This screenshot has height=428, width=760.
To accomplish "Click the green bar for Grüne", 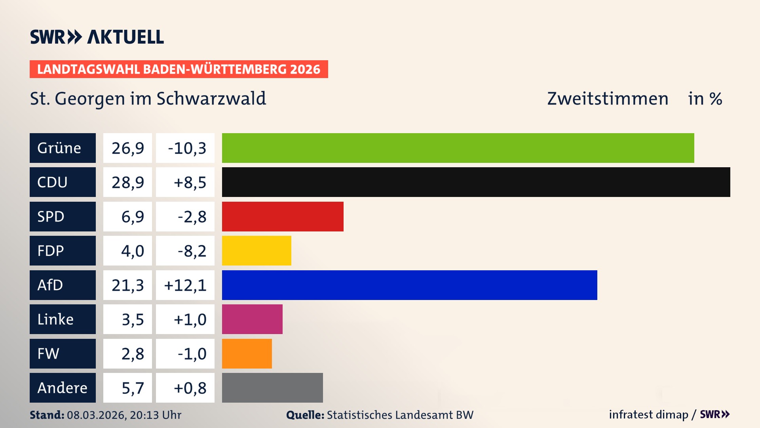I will coord(458,148).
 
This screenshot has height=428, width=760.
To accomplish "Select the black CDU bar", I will coord(476,182).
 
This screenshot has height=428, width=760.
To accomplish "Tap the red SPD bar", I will coord(283,216).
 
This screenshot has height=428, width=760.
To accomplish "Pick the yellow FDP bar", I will coord(256,250).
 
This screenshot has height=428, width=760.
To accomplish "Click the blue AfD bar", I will coord(409,285).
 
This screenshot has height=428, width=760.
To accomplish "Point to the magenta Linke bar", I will coord(252,319).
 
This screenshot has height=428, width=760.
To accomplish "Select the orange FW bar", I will coord(247,353).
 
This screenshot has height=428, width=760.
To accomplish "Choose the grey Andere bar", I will coord(272,388).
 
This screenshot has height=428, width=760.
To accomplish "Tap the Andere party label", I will coord(63,388).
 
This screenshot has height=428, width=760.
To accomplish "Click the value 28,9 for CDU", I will coord(127,182).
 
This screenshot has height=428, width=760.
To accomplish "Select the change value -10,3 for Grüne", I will coord(186,148).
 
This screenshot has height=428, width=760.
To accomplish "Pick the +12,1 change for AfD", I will coord(185,285).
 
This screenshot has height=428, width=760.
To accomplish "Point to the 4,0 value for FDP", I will coord(132,250).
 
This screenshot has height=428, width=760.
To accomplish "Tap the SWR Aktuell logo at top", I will coord(97,37).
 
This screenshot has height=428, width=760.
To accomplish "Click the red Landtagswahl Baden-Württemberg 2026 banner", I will coord(179,69).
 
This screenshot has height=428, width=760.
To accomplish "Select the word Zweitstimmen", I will coord(608,99).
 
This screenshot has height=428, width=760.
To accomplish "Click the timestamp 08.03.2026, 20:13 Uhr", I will coord(124,415).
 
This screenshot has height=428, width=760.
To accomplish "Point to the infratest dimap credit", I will coord(648,415).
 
